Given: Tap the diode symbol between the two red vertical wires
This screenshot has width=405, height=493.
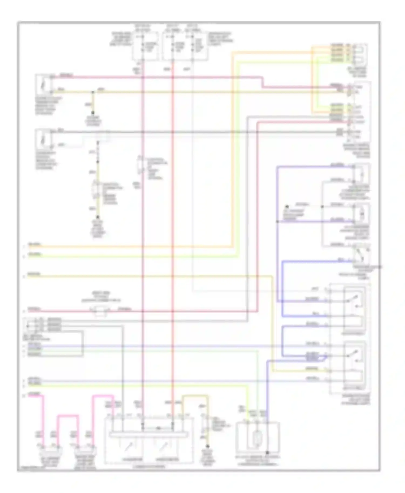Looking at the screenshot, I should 158,428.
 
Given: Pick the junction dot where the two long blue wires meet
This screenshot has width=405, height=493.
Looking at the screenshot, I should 277,221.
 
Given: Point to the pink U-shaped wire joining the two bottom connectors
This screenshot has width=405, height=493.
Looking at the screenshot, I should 67,417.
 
